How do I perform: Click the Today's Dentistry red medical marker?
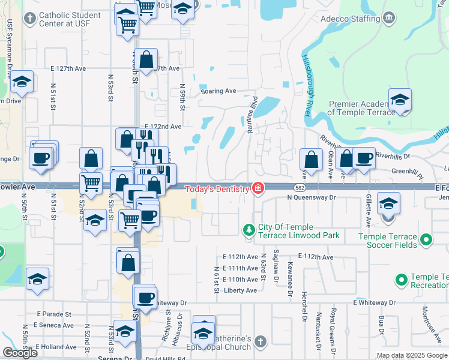258,189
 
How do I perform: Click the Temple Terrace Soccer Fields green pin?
427,240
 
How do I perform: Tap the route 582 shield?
300,187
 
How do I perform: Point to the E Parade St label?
53,314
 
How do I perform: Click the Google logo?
20,353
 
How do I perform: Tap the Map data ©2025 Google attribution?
412,355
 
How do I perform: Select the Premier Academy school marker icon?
400,100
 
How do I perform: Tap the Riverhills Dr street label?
392,155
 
